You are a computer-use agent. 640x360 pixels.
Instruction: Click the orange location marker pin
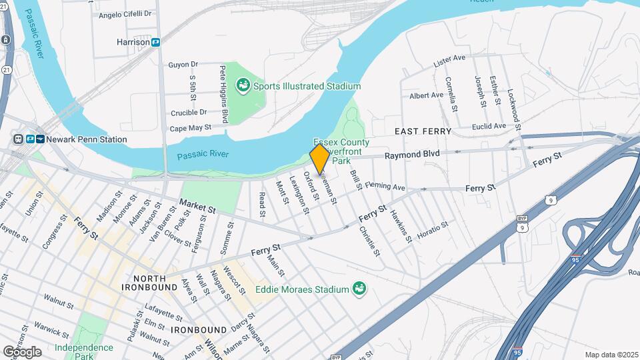tap(320, 159)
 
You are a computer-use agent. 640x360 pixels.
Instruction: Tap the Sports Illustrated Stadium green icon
tap(244, 85)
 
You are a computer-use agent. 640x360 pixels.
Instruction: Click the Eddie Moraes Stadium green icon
tap(359, 289)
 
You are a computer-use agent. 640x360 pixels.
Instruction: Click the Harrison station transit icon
tap(155, 42)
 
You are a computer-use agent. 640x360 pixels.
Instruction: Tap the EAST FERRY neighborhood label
tap(423, 131)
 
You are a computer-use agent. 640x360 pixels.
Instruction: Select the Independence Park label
tap(83, 351)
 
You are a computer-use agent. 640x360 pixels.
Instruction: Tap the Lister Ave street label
tap(449, 60)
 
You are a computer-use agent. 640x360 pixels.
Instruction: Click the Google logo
tap(22, 351)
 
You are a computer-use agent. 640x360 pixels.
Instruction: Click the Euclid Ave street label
tap(487, 126)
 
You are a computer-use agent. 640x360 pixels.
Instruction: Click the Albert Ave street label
tap(426, 95)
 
